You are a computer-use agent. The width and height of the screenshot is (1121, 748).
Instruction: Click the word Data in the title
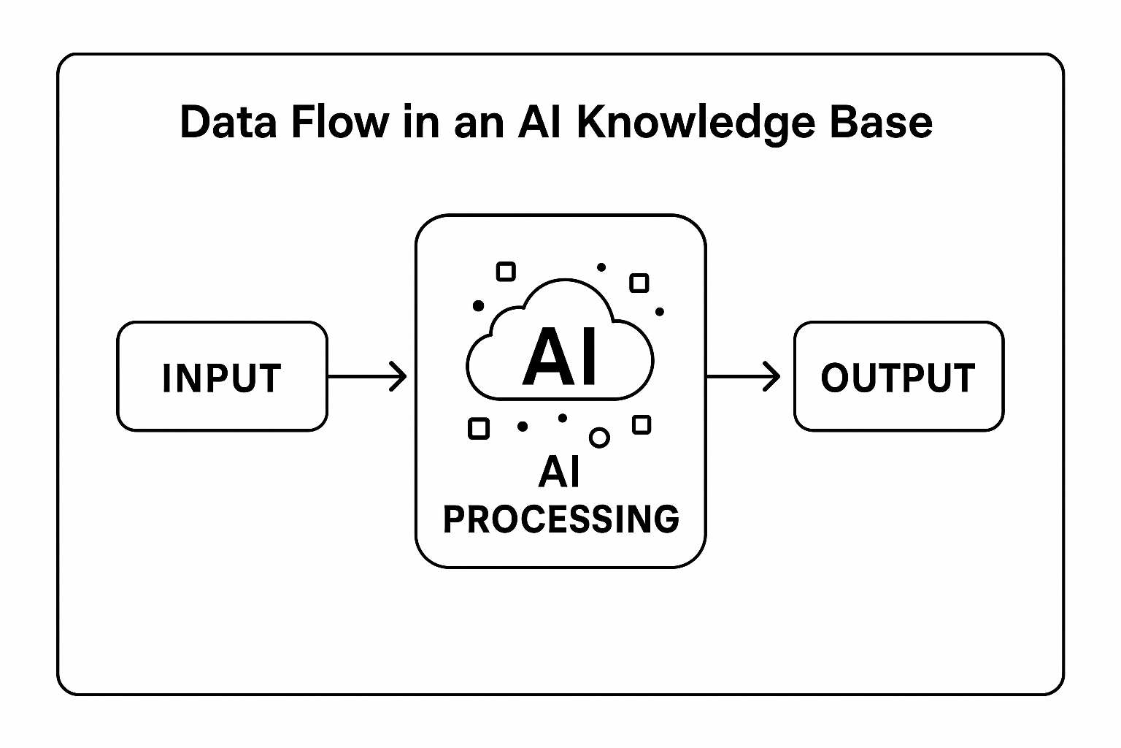coord(228,122)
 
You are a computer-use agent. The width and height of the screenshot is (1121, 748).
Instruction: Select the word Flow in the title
coord(339,122)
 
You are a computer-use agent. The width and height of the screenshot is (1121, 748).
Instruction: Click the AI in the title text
coord(539,122)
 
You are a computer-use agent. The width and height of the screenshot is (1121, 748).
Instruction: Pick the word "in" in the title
coord(420,122)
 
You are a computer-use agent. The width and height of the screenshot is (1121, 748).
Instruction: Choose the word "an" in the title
coord(478,123)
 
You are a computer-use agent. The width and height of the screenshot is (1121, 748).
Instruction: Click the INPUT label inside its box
coord(222,378)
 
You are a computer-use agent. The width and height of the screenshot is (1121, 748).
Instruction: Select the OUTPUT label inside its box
coord(898,378)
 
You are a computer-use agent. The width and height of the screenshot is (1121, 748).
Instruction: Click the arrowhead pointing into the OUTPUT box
coord(773,376)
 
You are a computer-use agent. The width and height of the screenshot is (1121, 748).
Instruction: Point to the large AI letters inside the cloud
coord(560,356)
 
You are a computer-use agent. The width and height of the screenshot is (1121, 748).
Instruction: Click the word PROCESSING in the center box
coord(560,519)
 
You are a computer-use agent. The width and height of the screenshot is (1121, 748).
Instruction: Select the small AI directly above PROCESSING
coord(560,472)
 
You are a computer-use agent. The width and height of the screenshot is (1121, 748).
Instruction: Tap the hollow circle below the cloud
coord(599,437)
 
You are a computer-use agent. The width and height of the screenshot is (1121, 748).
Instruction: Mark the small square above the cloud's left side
coord(506,272)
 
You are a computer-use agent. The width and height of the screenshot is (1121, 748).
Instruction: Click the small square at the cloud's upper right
coord(639,283)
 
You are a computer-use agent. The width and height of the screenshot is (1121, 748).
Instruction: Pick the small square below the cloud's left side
coord(478,428)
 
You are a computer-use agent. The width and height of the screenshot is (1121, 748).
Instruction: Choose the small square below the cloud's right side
coord(642,424)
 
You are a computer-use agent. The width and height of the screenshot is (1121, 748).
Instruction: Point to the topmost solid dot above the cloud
coord(601,267)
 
